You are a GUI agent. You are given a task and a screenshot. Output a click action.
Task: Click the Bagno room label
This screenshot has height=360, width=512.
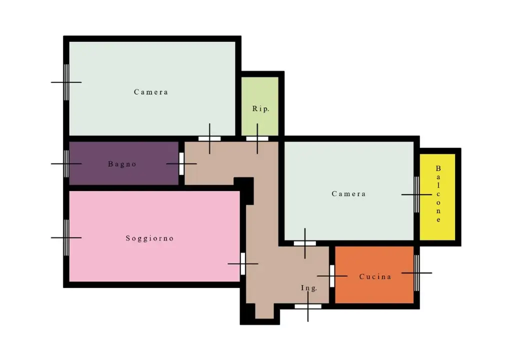(x=122, y=164)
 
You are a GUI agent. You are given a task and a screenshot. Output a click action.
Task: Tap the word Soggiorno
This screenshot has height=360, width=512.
(x=149, y=238)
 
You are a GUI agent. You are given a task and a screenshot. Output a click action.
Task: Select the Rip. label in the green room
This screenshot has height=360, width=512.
(x=260, y=109)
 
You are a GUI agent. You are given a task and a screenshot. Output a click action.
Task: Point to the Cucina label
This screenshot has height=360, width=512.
(x=375, y=276)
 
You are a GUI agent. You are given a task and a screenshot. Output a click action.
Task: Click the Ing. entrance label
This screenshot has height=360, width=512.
(x=309, y=288)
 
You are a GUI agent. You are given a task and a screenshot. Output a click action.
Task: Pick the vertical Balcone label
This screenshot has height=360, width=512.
(x=438, y=194)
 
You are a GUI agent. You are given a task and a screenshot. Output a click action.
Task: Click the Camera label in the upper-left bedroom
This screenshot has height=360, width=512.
(x=151, y=92)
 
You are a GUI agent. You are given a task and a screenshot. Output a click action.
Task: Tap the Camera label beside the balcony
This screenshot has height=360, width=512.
(x=348, y=193)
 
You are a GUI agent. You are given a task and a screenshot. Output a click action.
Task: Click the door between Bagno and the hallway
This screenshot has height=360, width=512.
(x=181, y=163)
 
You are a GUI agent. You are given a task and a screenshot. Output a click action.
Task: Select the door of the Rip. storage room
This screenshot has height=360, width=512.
(x=257, y=138)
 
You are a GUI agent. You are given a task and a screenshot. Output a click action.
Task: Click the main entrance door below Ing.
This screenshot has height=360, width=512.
(x=308, y=306)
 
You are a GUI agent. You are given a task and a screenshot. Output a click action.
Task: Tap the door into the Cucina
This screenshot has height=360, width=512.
(x=332, y=276)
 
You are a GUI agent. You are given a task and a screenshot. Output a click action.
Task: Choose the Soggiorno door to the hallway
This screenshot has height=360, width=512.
(x=243, y=263)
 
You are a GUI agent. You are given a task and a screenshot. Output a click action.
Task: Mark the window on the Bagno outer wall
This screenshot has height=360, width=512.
(x=66, y=163)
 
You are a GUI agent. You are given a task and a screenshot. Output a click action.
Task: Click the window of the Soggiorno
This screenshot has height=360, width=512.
(x=66, y=237)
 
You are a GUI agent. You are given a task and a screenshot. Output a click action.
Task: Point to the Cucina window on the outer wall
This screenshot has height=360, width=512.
(x=416, y=273)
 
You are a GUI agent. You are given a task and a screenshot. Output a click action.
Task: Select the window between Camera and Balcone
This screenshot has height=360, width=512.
(x=416, y=194)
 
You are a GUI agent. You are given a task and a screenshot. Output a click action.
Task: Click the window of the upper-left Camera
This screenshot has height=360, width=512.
(x=66, y=82)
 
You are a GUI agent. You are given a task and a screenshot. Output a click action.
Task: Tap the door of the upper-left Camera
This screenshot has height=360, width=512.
(x=209, y=138)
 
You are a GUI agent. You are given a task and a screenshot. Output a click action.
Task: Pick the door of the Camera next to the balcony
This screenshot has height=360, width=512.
(x=305, y=243)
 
